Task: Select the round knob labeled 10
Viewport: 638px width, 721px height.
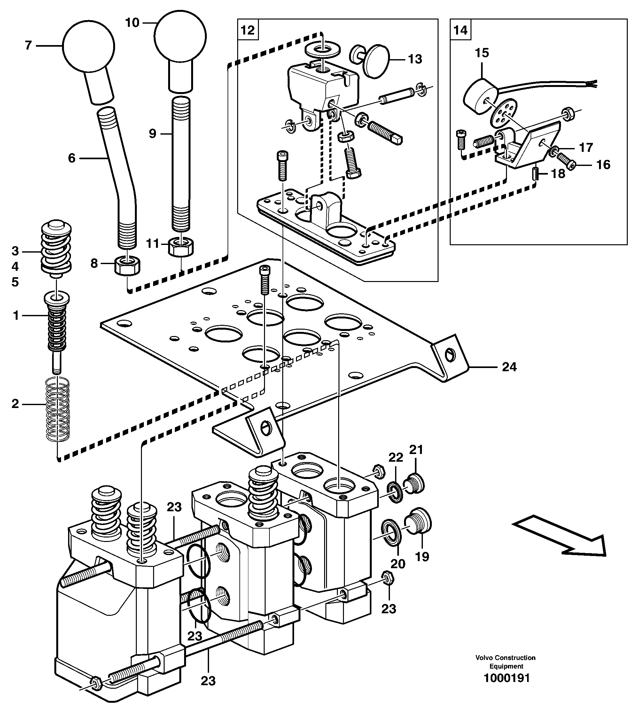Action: pyautogui.click(x=180, y=36)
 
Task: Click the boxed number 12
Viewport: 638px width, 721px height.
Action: pyautogui.click(x=248, y=30)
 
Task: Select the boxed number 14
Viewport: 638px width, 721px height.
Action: pyautogui.click(x=460, y=30)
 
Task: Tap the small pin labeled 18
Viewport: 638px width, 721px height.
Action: pyautogui.click(x=535, y=174)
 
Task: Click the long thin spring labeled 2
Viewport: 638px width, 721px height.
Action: pyautogui.click(x=58, y=408)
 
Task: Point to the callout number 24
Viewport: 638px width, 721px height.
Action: pyautogui.click(x=509, y=367)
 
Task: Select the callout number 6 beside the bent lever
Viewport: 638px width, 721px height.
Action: pyautogui.click(x=72, y=158)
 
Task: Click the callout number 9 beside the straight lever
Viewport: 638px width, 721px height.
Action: pyautogui.click(x=152, y=134)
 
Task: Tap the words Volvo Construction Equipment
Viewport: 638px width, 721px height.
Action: pyautogui.click(x=505, y=662)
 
